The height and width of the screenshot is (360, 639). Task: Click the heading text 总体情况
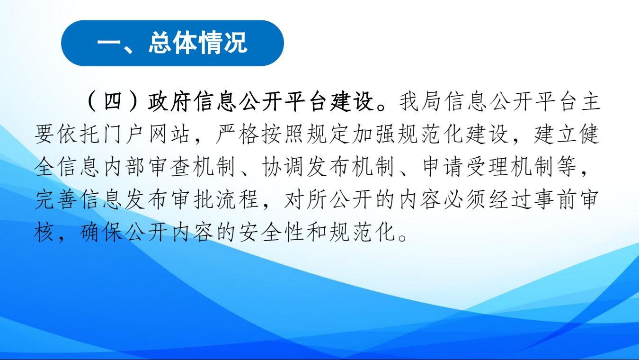(x=198, y=43)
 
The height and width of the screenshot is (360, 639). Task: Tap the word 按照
(x=283, y=134)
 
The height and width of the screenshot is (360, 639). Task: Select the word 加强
(x=374, y=134)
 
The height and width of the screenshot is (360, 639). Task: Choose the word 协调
(x=283, y=167)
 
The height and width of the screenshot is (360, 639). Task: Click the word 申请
(x=442, y=167)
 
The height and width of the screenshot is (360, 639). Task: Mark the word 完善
(x=56, y=200)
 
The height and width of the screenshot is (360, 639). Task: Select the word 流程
(x=237, y=200)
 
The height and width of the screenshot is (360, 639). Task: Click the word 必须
(x=465, y=200)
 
